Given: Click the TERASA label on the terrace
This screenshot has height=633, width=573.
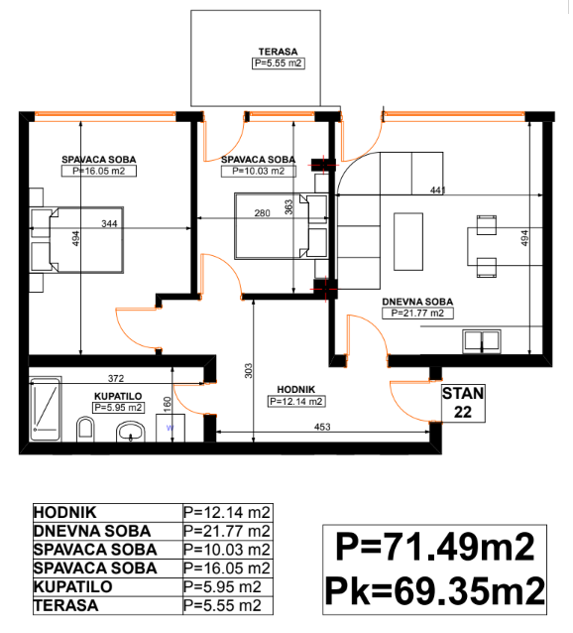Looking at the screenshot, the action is (278, 52).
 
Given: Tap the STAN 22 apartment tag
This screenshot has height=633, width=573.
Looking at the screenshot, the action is (463, 403).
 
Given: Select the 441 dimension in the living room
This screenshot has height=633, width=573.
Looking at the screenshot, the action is (437, 190).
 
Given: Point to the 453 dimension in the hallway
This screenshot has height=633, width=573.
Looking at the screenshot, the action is (322, 427).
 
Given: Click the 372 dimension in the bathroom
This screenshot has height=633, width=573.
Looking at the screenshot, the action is (116, 378).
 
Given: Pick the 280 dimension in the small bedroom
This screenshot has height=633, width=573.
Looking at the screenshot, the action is (262, 213).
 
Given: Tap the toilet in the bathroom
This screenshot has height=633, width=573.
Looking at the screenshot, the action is (85, 429).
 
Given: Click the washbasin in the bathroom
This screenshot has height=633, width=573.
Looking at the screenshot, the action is (131, 432).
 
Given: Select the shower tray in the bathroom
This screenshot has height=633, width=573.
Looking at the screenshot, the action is (46, 409).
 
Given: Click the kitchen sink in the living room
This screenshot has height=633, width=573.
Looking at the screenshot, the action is (482, 341).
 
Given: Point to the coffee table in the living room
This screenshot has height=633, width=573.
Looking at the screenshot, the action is (408, 241).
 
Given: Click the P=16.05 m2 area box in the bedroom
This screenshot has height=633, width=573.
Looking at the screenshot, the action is (99, 171).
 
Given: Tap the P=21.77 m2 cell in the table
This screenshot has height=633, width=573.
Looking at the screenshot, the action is (227, 531).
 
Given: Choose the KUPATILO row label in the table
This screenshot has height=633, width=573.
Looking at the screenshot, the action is (73, 586).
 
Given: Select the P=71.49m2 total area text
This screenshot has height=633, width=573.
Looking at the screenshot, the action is (434, 547).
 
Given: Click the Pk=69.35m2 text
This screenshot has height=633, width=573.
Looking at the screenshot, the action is (434, 591).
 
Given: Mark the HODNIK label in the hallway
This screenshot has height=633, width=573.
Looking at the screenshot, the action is (296, 390).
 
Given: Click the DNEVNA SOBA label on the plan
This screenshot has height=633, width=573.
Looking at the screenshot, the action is (417, 302).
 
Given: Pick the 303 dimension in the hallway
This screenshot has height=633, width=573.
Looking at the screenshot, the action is (249, 371).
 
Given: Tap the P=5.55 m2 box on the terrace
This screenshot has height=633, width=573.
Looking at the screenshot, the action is (279, 63).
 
